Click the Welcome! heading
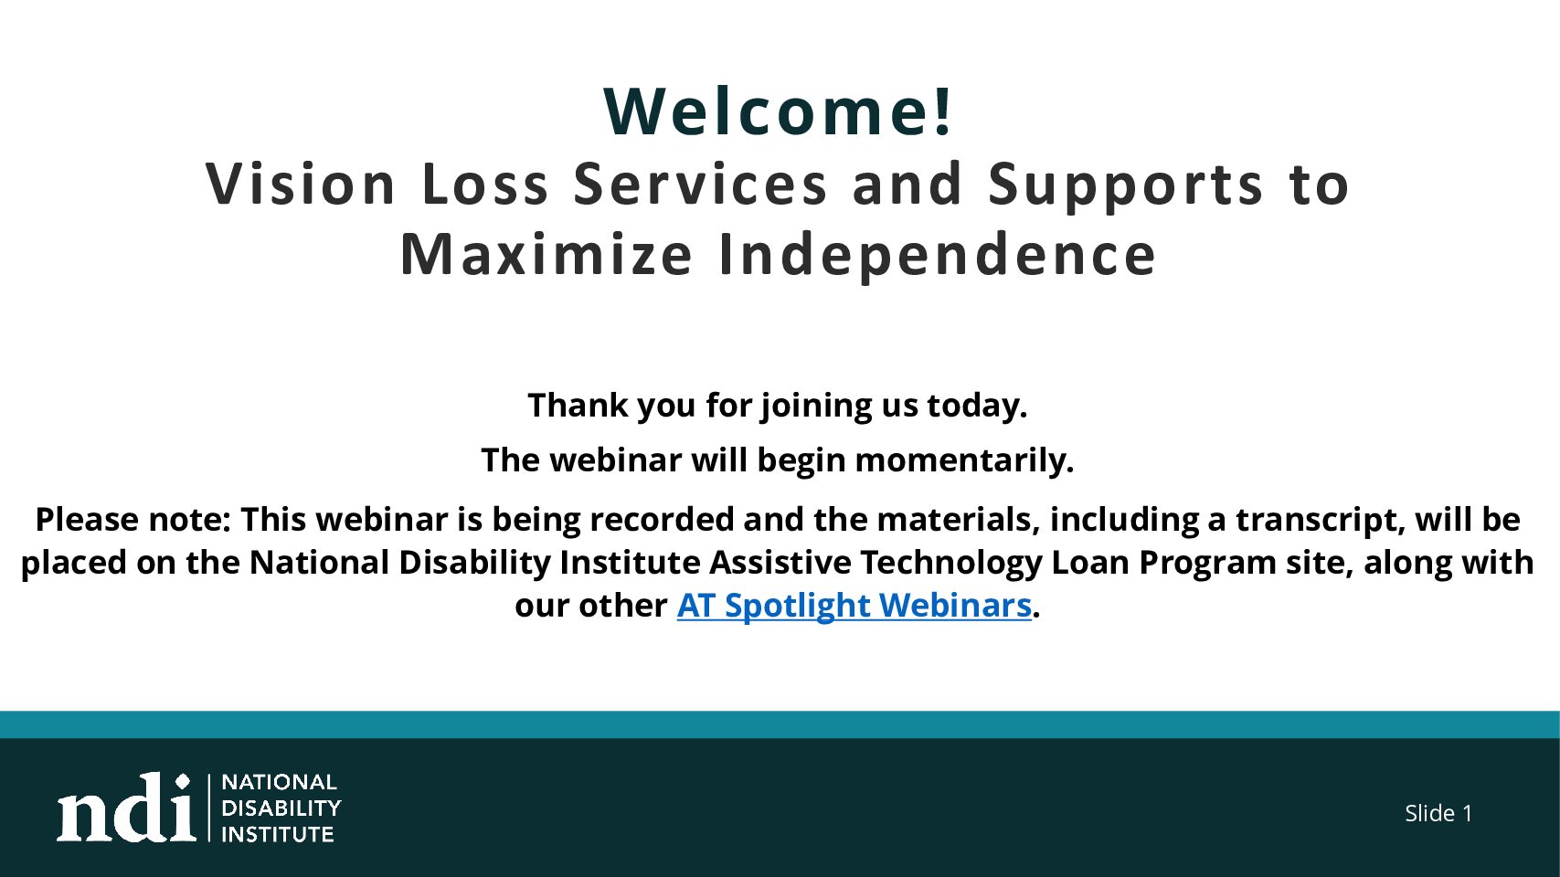[x=778, y=111]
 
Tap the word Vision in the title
[x=300, y=184]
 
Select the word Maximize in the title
[x=546, y=254]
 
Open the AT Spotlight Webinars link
[x=854, y=605]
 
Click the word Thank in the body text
[x=578, y=405]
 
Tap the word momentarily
[x=964, y=460]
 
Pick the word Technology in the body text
[x=950, y=563]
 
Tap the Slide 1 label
[x=1438, y=813]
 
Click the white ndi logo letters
[x=126, y=807]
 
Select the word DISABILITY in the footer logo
[x=281, y=808]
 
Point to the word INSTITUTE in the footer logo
[x=277, y=834]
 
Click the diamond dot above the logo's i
[x=183, y=781]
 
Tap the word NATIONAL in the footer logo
[x=279, y=782]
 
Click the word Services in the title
[x=700, y=184]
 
